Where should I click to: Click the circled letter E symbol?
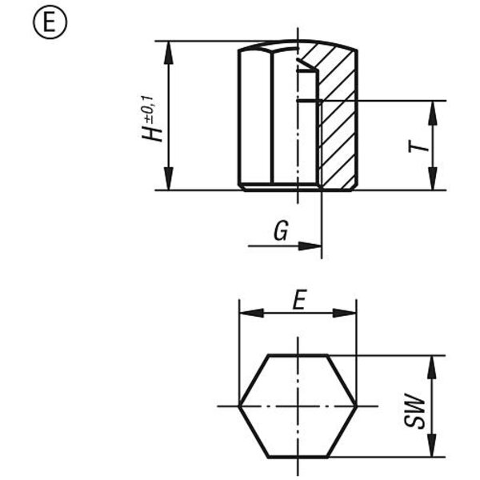tap(50, 23)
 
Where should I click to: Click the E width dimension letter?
tap(299, 299)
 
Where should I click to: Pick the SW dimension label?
tap(414, 411)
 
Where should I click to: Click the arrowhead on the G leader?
tap(310, 246)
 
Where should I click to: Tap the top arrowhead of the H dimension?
tap(168, 52)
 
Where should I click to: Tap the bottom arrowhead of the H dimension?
tap(168, 178)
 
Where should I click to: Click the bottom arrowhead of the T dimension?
tap(432, 178)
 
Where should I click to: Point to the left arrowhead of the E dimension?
tap(251, 313)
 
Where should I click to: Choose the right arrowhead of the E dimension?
tap(345, 313)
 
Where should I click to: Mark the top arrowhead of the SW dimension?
tap(431, 368)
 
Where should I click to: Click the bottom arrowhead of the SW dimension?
tap(431, 446)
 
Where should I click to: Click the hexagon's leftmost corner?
tap(239, 406)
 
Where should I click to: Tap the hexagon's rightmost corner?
tap(357, 406)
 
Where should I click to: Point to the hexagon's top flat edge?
tap(298, 355)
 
